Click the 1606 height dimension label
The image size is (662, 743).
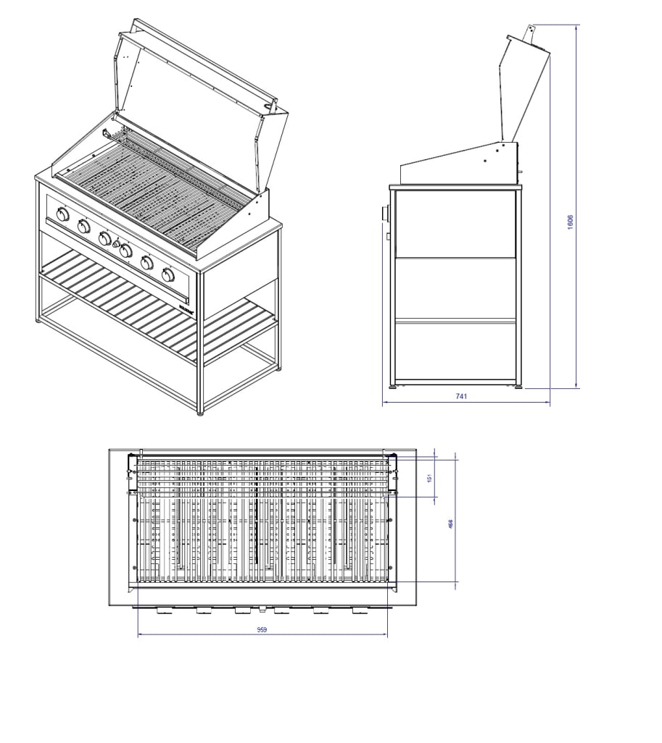(x=570, y=222)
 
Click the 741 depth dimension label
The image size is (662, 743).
(x=461, y=396)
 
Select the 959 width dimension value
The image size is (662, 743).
(x=262, y=630)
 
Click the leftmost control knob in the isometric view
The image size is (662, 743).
(x=62, y=215)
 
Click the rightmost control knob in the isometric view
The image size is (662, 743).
(x=168, y=274)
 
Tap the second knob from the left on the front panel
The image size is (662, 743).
(x=83, y=227)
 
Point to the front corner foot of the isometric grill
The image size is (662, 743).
(x=201, y=413)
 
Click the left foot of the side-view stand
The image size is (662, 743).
(x=394, y=387)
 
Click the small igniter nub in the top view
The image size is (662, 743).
(x=262, y=610)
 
